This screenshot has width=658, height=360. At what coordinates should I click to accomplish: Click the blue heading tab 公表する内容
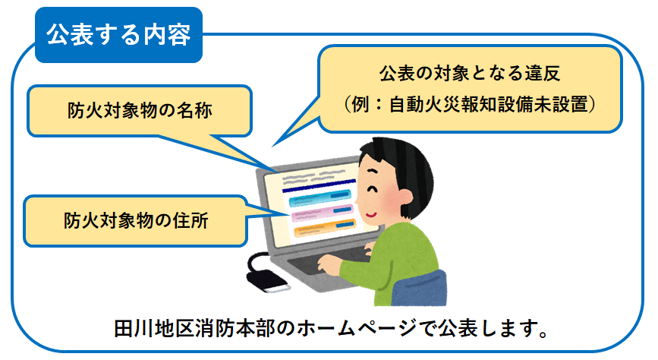tap(118, 35)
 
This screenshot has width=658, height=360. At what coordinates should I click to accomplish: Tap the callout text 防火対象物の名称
tap(140, 110)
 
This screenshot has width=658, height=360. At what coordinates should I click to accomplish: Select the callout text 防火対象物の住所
tap(136, 220)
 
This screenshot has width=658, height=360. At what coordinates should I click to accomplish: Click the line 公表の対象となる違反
tap(470, 73)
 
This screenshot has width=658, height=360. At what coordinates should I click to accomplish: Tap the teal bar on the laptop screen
tap(320, 197)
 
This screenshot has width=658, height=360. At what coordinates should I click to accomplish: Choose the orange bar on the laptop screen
tap(325, 228)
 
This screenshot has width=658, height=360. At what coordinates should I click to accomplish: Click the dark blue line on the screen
tap(319, 185)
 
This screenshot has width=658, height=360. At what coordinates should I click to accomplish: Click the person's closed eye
tap(372, 189)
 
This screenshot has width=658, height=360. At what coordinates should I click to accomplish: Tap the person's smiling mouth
tap(370, 214)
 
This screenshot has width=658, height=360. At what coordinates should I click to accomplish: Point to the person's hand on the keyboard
tap(329, 264)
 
